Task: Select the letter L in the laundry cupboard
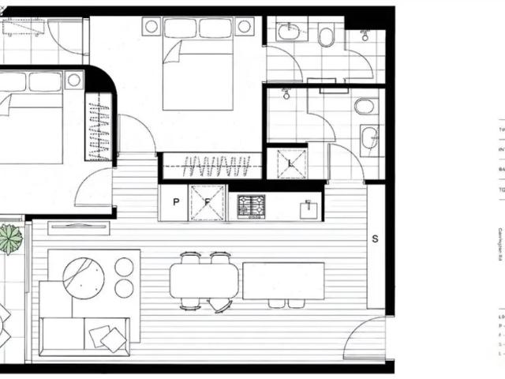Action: (x=292, y=163)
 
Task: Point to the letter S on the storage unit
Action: (x=376, y=238)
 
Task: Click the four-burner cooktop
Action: (x=252, y=207)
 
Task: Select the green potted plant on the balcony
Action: (x=10, y=238)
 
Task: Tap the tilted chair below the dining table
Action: (x=221, y=305)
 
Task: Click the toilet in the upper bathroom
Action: (x=325, y=36)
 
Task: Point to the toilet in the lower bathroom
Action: (x=365, y=107)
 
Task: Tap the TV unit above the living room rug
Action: (x=79, y=227)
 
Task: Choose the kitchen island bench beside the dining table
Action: (x=283, y=280)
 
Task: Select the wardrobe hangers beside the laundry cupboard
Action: (x=216, y=167)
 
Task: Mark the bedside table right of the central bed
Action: (x=245, y=26)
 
